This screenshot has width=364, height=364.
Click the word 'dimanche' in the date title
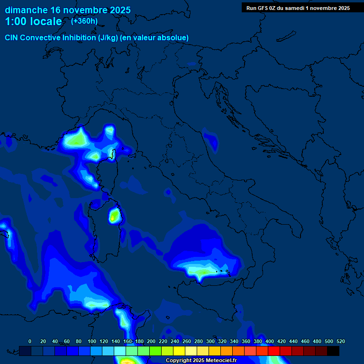click(x=26, y=10)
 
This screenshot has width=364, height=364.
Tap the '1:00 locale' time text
click(x=33, y=21)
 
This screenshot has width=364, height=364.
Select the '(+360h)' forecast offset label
click(x=84, y=21)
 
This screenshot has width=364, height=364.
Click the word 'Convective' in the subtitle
click(x=40, y=37)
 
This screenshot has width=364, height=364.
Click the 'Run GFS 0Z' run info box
click(x=298, y=8)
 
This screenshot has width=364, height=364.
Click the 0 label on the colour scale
click(x=30, y=341)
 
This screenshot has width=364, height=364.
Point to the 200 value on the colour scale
click(x=151, y=341)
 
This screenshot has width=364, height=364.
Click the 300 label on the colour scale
click(x=210, y=341)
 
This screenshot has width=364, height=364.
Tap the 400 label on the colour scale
click(x=270, y=341)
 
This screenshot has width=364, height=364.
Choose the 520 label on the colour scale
click(x=340, y=341)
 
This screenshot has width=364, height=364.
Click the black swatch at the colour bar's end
click(x=333, y=351)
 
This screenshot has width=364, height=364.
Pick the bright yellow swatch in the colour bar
click(x=179, y=351)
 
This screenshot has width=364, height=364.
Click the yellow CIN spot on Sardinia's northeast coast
click(x=114, y=216)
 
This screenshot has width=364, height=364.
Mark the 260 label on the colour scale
click(x=187, y=341)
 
